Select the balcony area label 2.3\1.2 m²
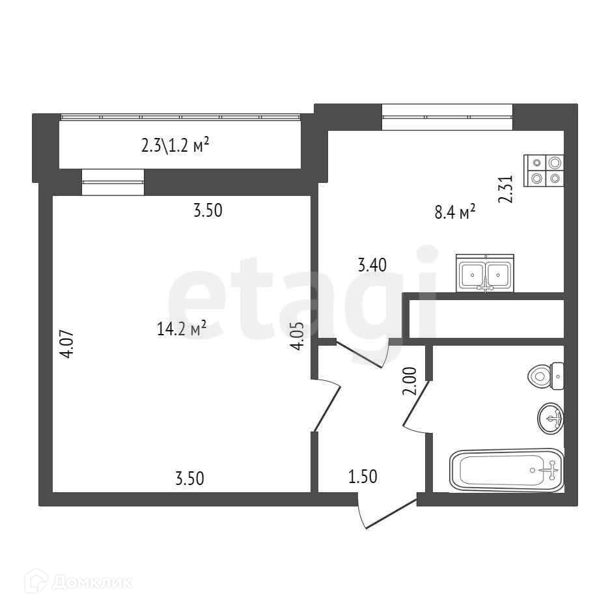174,145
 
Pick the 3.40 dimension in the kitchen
372,265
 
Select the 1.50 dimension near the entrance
363,477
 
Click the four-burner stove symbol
544,171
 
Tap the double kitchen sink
485,273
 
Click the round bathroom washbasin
551,418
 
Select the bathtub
506,469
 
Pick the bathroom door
417,407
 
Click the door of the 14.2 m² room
327,404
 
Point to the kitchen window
447,117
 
